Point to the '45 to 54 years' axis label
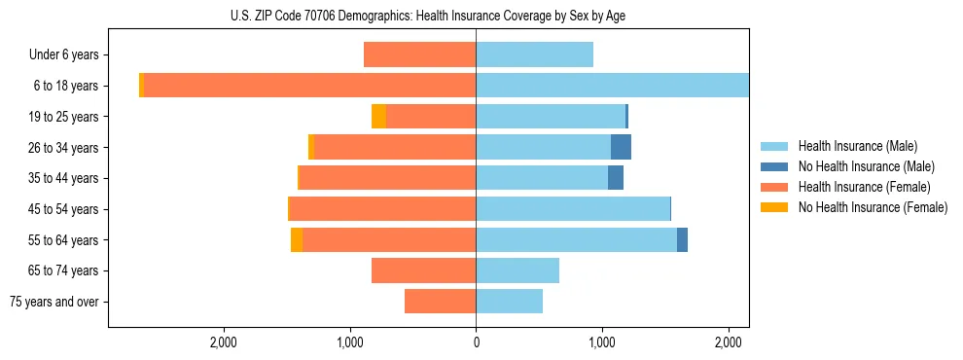[x=63, y=209]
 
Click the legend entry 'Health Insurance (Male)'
[x=857, y=146]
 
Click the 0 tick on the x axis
[x=476, y=342]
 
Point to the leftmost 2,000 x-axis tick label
[x=224, y=342]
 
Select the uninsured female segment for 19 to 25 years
[x=378, y=117]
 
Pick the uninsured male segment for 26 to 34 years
[x=621, y=147]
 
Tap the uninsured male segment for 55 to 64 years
[x=682, y=239]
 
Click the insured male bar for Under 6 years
[x=534, y=55]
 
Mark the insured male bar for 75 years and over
[x=509, y=302]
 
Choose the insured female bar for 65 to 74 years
[x=423, y=270]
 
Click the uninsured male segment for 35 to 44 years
[x=615, y=178]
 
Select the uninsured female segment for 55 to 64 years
[x=297, y=239]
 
